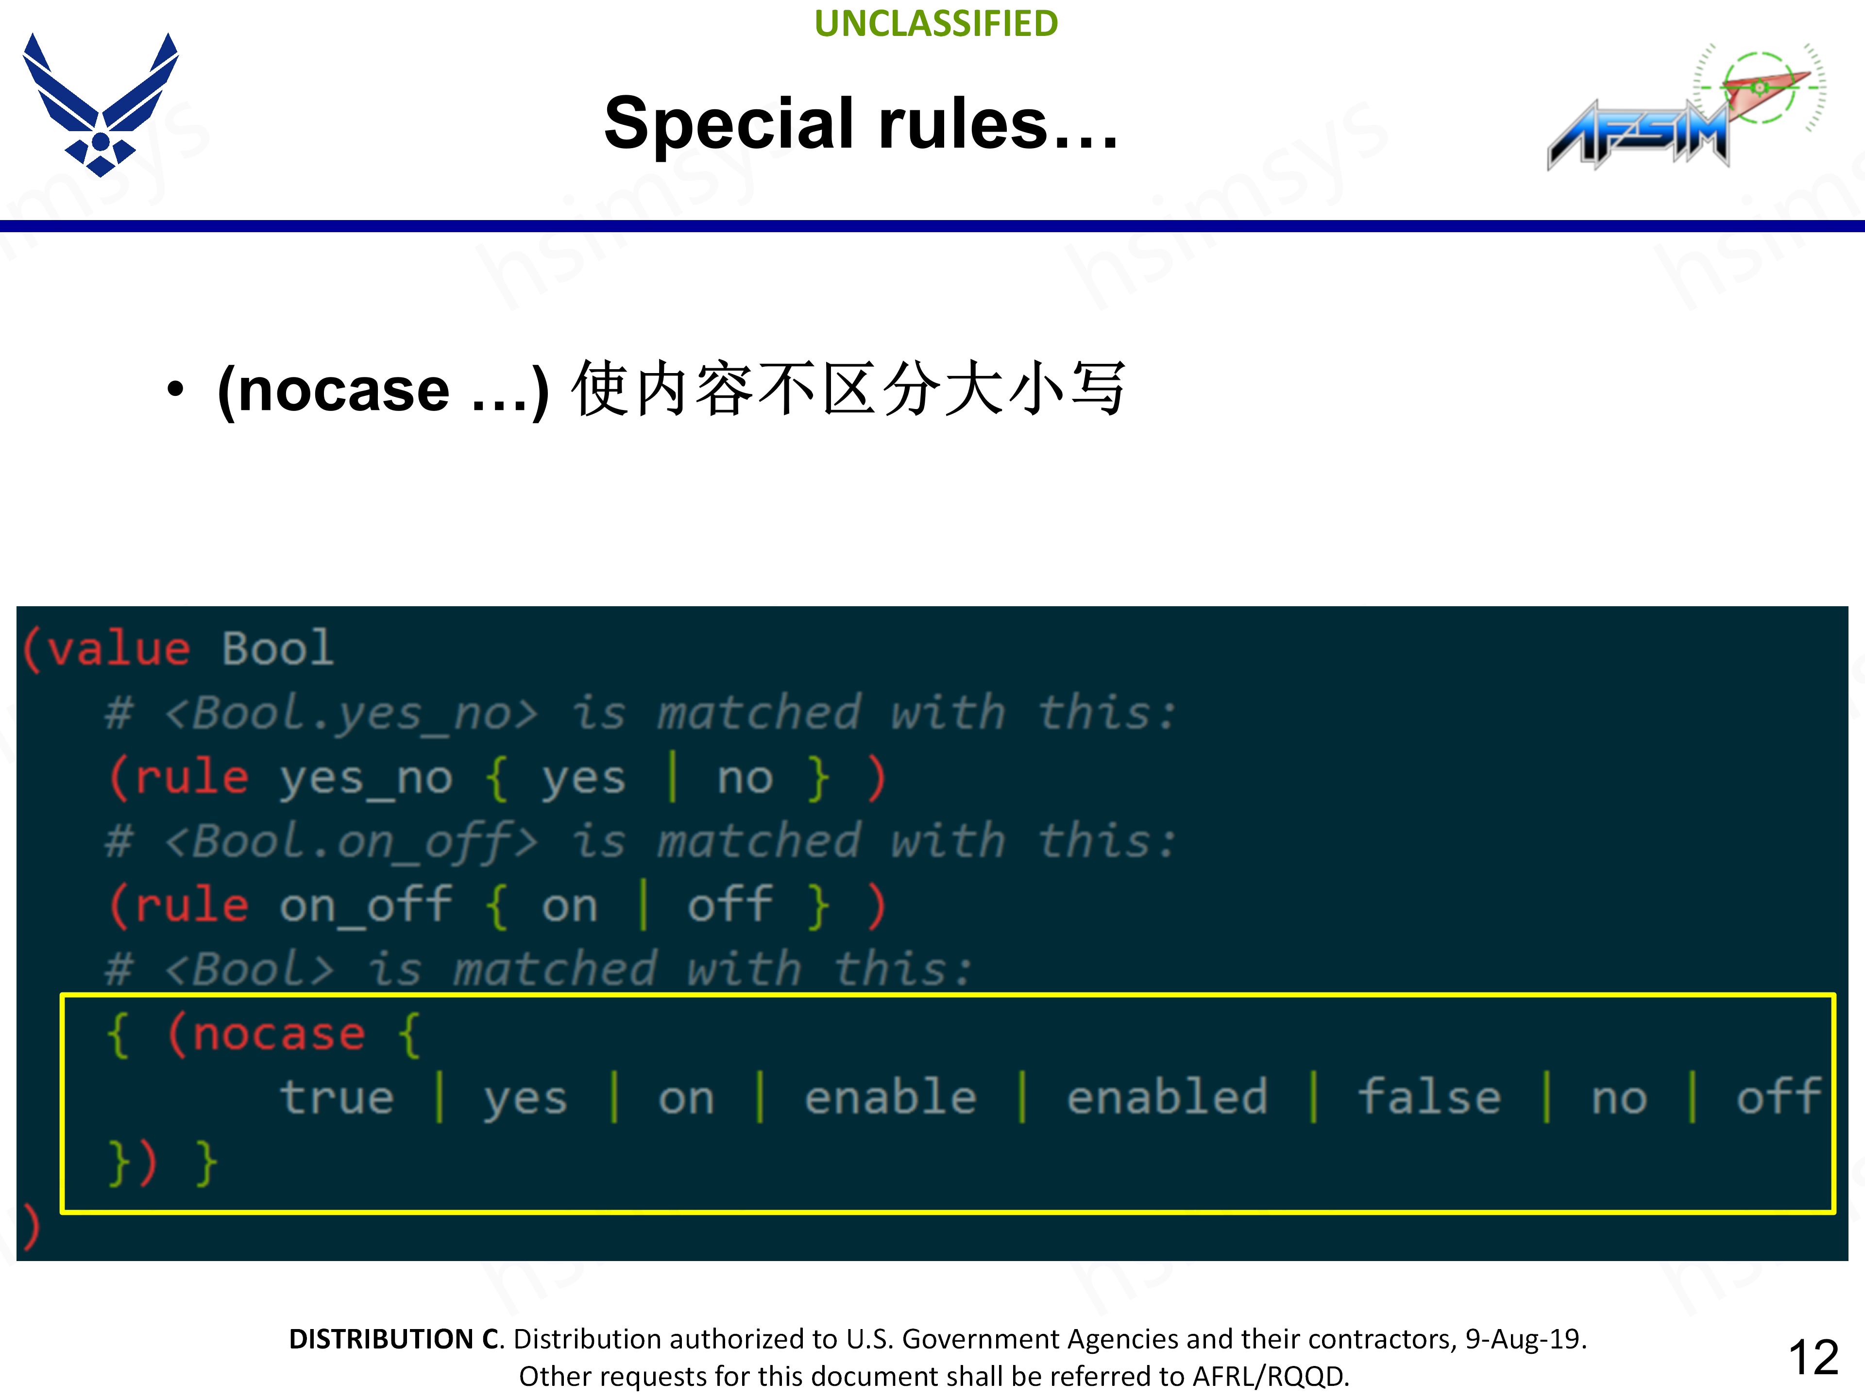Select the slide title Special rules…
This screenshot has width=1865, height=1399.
pos(861,124)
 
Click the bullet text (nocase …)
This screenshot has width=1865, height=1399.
pos(384,391)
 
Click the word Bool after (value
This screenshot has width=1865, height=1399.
pos(277,649)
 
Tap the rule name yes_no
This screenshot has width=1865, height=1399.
pos(365,778)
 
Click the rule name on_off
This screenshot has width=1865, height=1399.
pos(365,906)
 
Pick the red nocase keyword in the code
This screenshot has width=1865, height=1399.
pos(278,1035)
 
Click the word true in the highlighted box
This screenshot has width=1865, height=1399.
pos(337,1098)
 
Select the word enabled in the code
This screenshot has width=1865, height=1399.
pos(1167,1098)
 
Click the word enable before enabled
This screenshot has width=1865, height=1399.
pos(890,1098)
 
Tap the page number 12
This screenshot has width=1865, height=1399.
pos(1812,1358)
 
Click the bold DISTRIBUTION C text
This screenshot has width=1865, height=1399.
pos(394,1339)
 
